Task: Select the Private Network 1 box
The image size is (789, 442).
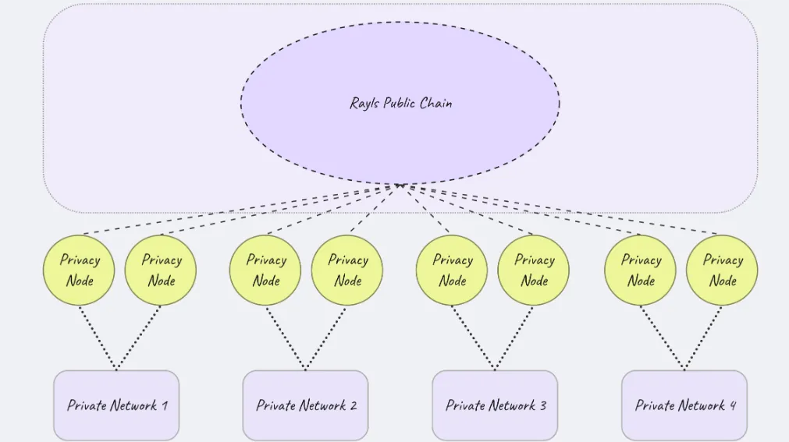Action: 116,405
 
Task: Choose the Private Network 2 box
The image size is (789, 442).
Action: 305,405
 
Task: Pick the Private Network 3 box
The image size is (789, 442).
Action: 495,405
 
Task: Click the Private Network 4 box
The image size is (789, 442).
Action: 684,405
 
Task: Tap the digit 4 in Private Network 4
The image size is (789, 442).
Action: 733,405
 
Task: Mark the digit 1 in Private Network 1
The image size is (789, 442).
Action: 165,405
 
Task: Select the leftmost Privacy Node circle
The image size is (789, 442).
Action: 79,270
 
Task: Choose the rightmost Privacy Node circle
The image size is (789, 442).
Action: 722,270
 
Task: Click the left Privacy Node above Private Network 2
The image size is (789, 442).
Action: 265,270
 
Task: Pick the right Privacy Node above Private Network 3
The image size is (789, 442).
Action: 533,270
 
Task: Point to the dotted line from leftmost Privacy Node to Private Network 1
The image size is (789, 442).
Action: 98,338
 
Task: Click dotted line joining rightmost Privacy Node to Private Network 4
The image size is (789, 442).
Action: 703,338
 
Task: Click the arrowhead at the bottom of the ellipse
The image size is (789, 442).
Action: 400,186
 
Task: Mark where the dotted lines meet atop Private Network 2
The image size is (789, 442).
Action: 305,370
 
